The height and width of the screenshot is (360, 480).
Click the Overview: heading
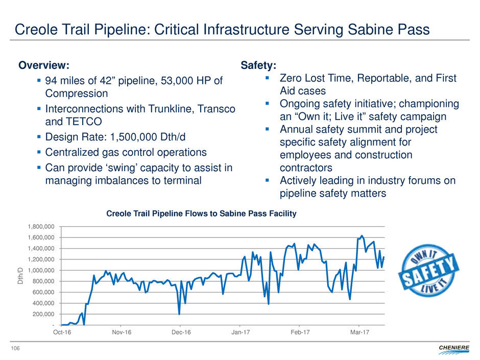[44, 65]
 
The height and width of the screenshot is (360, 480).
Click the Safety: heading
[259, 65]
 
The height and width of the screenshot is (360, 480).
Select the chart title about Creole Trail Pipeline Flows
[201, 214]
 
